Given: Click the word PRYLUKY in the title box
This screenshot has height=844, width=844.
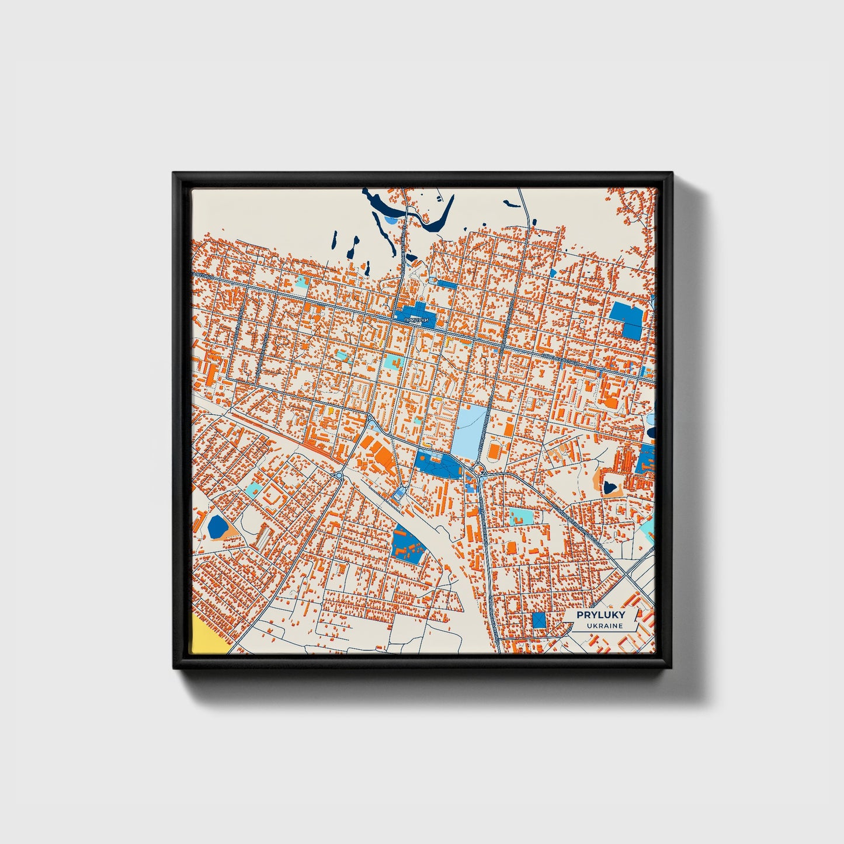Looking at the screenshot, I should (600, 615).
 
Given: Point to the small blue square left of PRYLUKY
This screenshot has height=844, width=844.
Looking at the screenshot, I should (539, 620).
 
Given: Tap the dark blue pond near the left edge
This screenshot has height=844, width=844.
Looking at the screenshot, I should (217, 526).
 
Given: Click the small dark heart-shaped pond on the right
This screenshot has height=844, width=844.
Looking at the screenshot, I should (611, 485).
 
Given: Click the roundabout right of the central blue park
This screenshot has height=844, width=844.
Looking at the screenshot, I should (480, 470).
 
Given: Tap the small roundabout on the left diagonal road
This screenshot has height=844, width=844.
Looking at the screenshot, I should (339, 476).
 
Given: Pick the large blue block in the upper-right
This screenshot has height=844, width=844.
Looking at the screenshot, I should (626, 320).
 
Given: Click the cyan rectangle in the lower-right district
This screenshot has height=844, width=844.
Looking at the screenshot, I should (520, 516).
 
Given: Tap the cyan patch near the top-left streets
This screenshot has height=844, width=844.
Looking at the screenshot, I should (301, 282).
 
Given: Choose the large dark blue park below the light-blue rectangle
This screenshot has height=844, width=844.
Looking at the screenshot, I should (438, 464).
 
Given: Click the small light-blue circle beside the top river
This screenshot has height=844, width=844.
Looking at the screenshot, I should (390, 220).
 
